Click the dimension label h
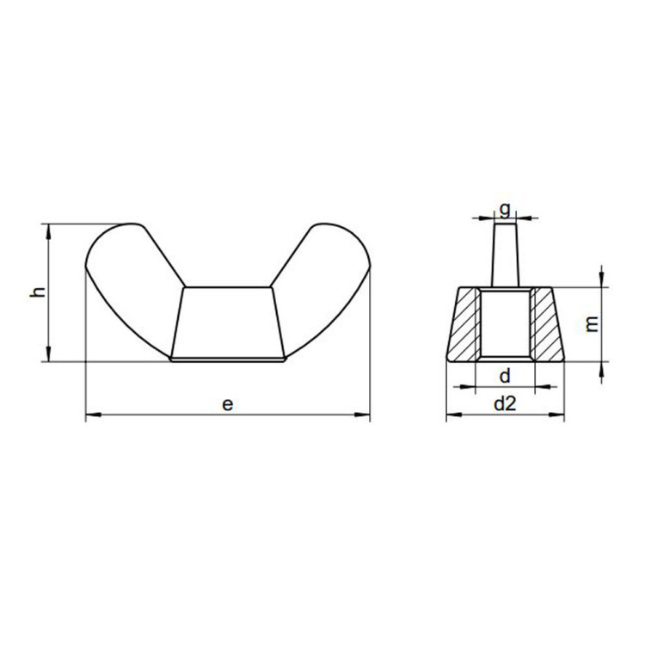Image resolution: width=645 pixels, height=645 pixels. (38, 292)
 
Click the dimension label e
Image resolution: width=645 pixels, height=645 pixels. (228, 404)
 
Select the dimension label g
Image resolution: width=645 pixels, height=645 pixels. (505, 210)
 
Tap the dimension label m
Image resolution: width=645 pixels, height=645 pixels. (592, 324)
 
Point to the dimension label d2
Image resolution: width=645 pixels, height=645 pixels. (505, 404)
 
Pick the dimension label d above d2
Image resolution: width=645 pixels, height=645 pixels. (505, 376)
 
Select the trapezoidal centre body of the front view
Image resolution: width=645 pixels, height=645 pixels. (228, 322)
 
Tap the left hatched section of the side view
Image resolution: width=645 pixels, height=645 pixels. (463, 325)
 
